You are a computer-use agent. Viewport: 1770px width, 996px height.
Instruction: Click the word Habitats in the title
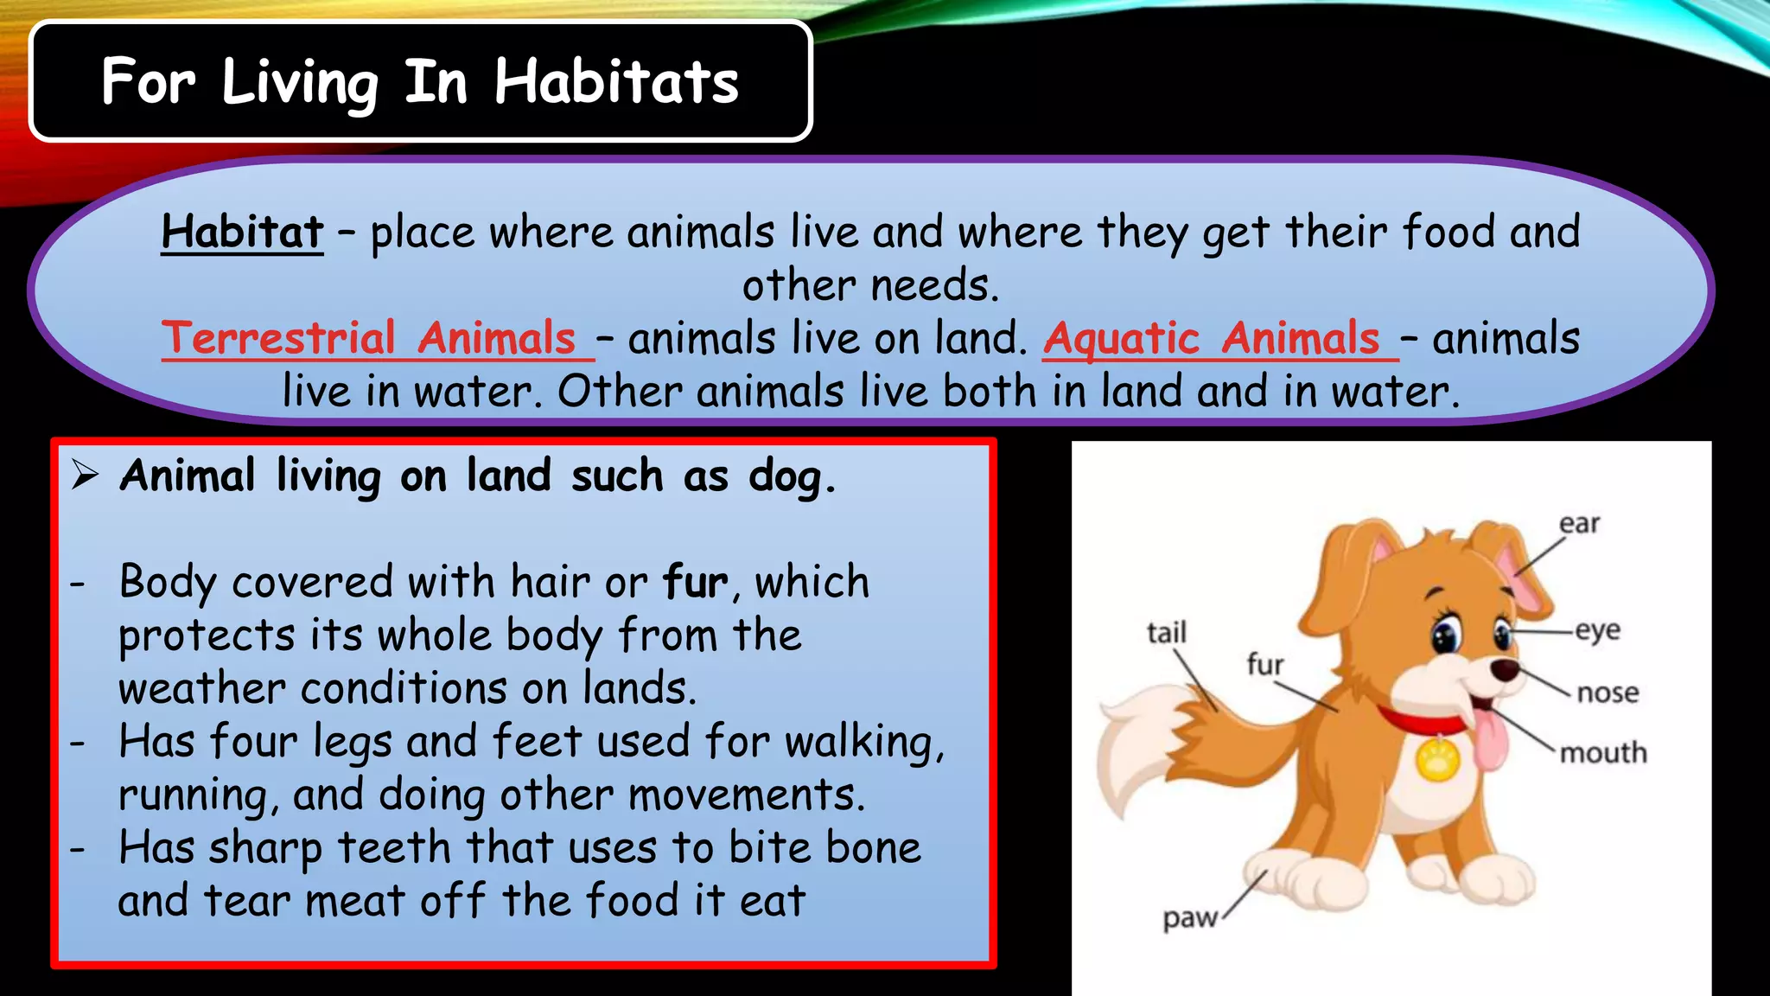click(616, 82)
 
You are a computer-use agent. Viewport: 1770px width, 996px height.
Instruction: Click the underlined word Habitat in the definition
click(242, 232)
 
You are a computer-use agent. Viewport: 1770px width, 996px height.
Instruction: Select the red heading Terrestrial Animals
click(369, 337)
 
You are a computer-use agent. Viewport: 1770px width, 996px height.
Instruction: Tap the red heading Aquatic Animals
click(1213, 337)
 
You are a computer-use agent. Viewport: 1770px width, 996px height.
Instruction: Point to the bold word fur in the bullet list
click(695, 582)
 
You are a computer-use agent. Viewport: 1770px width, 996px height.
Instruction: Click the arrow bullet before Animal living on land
click(85, 475)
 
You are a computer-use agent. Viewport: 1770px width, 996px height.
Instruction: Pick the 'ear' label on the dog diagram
click(1579, 524)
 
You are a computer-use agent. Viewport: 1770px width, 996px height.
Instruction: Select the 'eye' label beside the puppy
click(1597, 629)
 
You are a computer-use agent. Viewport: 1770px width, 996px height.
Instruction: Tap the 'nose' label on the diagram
click(1608, 693)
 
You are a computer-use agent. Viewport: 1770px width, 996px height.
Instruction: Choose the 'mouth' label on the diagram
click(1603, 753)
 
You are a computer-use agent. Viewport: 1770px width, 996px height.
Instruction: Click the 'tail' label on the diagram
click(1167, 632)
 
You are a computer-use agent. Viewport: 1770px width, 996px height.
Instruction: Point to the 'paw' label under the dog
click(1189, 917)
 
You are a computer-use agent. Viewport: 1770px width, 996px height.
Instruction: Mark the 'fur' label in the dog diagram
click(1265, 664)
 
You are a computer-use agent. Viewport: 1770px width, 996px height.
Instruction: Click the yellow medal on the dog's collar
click(1437, 758)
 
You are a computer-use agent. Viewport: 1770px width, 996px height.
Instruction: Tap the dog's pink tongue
click(1488, 739)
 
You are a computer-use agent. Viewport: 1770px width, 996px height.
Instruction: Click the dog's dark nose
click(1505, 668)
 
